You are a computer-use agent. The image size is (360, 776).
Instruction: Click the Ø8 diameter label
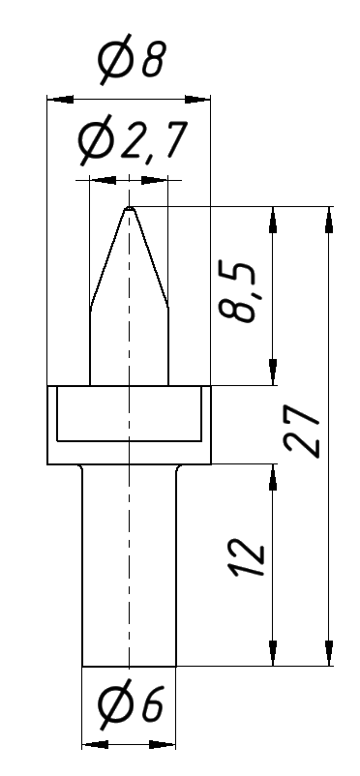131,59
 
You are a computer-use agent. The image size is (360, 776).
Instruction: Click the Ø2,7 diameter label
133,142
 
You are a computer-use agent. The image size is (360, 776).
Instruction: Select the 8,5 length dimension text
237,293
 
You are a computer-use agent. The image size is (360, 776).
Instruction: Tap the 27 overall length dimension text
302,431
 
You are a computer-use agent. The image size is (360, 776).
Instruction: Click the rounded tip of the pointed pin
129,209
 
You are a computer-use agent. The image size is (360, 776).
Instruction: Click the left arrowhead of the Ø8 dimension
60,100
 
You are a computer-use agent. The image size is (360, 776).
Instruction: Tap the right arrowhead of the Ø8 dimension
197,100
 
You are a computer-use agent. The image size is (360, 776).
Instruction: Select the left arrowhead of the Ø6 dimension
95,744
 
